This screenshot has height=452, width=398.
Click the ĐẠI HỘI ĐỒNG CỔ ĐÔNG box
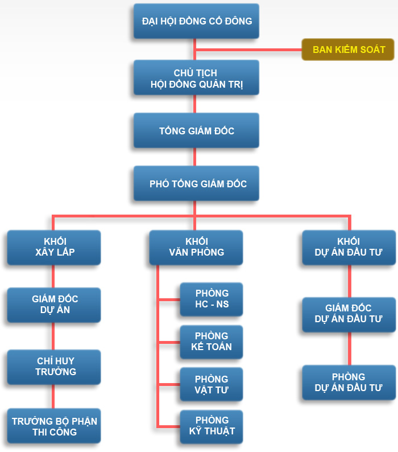coord(196,21)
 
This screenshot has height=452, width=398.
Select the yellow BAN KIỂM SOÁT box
coord(348,50)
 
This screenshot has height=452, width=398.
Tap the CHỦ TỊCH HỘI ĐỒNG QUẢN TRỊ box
coord(196,78)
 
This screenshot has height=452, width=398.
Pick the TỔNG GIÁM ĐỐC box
coord(196,131)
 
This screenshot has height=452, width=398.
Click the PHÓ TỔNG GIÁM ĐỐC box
coord(196,183)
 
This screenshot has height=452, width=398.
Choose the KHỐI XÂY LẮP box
coord(54,247)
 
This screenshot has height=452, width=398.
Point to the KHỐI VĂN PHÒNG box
coord(196,247)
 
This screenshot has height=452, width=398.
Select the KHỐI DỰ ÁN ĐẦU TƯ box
coord(349,247)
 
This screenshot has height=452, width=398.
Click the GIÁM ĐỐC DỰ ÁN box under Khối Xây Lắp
coord(54,305)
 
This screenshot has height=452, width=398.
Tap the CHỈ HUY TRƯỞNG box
coord(54,367)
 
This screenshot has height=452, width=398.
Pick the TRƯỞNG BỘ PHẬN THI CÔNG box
coord(54,426)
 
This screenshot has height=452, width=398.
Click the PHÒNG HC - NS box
coord(212,299)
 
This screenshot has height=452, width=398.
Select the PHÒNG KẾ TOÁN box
coord(212,342)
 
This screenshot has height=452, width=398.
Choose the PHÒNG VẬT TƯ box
coord(212,384)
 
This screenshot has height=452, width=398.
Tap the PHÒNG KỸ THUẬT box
coord(212,426)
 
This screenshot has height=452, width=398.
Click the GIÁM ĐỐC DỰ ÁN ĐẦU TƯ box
coord(349,314)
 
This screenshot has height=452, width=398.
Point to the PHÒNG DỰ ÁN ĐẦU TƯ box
coord(349,383)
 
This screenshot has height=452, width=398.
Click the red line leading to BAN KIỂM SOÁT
coord(250,50)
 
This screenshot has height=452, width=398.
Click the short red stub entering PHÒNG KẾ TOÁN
coord(169,342)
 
